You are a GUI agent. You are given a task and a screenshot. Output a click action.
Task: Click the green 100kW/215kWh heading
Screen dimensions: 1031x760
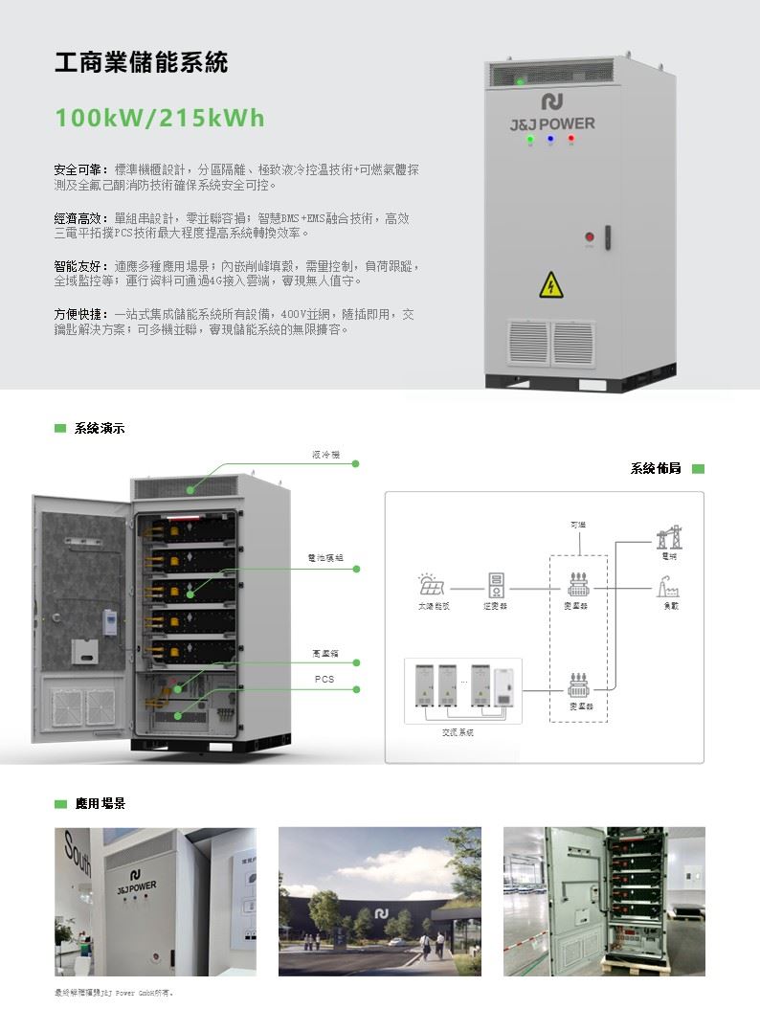pos(160,119)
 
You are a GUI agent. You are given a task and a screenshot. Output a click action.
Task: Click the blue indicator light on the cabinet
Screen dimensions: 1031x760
pos(550,139)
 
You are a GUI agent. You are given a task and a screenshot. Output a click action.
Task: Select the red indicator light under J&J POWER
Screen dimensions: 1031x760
pos(570,139)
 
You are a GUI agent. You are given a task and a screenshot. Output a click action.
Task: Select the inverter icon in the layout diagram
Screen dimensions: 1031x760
pos(496,585)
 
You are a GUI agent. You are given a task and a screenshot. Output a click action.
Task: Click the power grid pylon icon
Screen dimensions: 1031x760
pos(667,539)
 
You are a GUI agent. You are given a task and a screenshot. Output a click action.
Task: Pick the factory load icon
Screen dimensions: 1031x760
pos(667,586)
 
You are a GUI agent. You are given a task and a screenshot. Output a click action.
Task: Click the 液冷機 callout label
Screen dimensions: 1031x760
pos(325,454)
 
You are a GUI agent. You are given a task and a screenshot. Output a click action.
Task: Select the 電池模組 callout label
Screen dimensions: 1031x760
pos(325,557)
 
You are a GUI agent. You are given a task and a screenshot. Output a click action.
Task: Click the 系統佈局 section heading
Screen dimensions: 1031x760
pos(656,468)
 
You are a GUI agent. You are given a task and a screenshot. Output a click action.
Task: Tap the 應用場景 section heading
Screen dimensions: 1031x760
pos(101,803)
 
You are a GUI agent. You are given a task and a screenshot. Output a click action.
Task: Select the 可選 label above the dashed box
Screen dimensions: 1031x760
pos(577,525)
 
